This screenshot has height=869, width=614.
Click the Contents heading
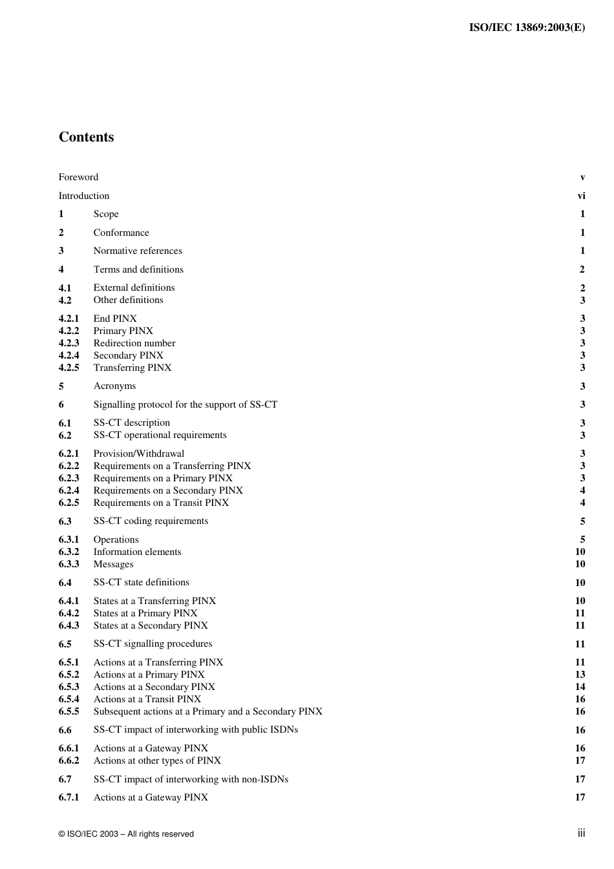click(x=86, y=137)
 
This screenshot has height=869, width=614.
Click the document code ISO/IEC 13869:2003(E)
click(x=527, y=27)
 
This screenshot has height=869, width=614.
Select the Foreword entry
click(x=78, y=177)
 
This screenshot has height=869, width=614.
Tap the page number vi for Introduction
click(x=581, y=196)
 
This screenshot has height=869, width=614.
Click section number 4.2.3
click(x=69, y=343)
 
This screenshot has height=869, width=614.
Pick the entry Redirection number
click(x=134, y=343)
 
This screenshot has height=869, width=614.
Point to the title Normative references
click(x=137, y=251)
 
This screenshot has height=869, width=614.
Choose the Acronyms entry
click(x=114, y=386)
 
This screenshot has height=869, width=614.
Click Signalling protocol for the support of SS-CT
click(x=185, y=404)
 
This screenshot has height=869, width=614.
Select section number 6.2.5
click(x=69, y=503)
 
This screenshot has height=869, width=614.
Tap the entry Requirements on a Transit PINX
click(x=161, y=503)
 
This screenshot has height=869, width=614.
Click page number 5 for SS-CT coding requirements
click(x=582, y=521)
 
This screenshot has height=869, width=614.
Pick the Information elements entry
click(x=137, y=552)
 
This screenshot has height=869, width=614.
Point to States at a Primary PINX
click(x=145, y=613)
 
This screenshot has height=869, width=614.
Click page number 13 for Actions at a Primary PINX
click(x=580, y=675)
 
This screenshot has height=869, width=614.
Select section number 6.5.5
click(x=69, y=711)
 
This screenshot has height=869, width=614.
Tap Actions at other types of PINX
click(x=157, y=760)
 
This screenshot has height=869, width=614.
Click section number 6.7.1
click(x=69, y=797)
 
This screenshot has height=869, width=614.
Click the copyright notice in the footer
click(x=126, y=834)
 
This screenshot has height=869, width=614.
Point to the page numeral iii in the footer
click(x=581, y=833)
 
